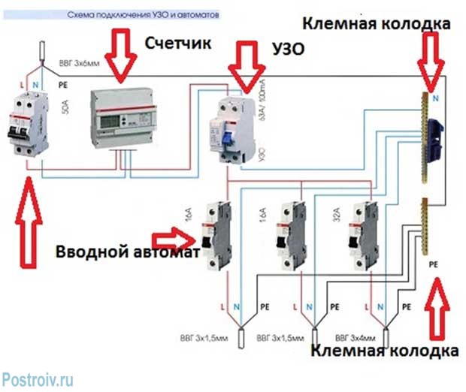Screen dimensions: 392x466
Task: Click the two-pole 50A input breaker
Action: pyautogui.click(x=24, y=120)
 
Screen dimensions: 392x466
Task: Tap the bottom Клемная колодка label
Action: pyautogui.click(x=384, y=351)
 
